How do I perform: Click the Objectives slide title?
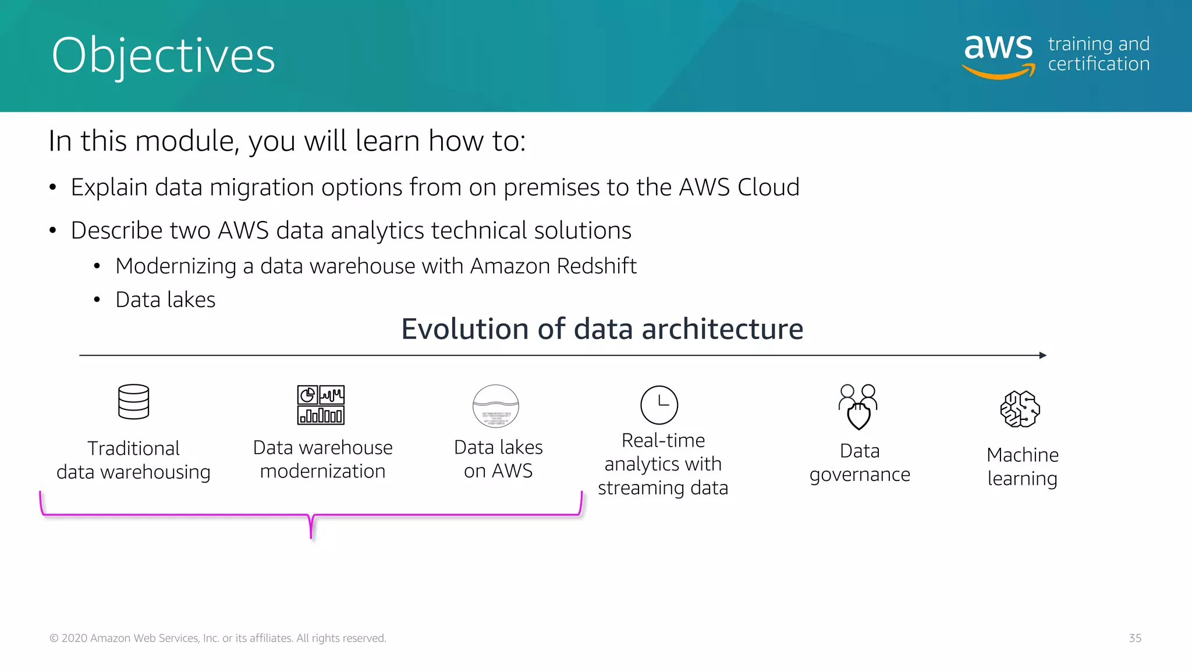click(x=163, y=56)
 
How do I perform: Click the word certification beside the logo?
click(x=1098, y=64)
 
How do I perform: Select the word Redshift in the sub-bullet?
click(x=596, y=266)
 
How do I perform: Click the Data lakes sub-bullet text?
click(x=165, y=300)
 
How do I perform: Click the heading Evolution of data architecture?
click(x=602, y=329)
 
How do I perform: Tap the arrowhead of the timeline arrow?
click(x=1042, y=355)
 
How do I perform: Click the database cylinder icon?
click(x=133, y=402)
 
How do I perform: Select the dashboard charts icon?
click(x=321, y=405)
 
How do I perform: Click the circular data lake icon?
click(x=495, y=406)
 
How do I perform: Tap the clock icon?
click(x=659, y=405)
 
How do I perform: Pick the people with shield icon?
click(x=858, y=407)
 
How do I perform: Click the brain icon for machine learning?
click(x=1020, y=409)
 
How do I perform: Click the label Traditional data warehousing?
click(x=133, y=460)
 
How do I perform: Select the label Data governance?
click(x=860, y=463)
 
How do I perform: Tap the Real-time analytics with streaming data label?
click(x=663, y=464)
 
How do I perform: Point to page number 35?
click(x=1135, y=638)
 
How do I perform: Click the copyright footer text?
click(x=218, y=638)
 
